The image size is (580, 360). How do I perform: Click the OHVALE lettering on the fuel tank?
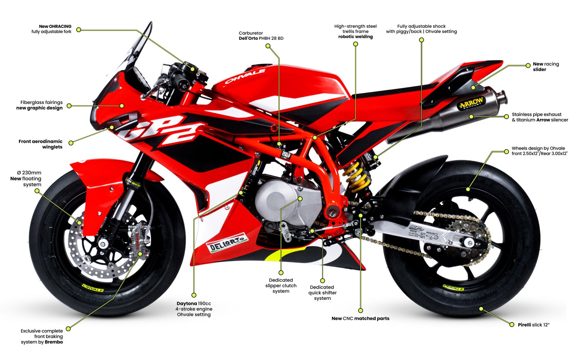pyautogui.click(x=245, y=76)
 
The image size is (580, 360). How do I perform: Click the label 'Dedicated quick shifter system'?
pyautogui.click(x=322, y=292)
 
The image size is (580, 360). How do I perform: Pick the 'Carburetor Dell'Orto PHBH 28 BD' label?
pyautogui.click(x=261, y=36)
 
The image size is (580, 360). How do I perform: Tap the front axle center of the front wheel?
pyautogui.click(x=103, y=244)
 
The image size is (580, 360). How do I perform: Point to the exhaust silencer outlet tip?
pyautogui.click(x=501, y=95)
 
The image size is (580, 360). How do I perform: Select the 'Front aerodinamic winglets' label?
pyautogui.click(x=41, y=144)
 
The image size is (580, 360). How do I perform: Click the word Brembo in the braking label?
pyautogui.click(x=54, y=342)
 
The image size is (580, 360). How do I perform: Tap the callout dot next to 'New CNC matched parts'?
pyautogui.click(x=360, y=310)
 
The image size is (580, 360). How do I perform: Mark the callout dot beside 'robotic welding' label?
pyautogui.click(x=355, y=44)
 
